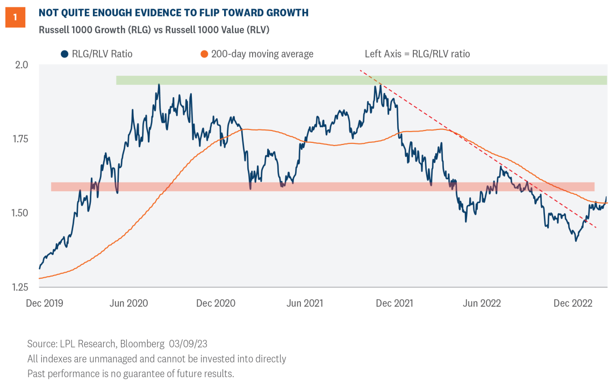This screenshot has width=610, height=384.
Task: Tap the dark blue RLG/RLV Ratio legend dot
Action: [64, 54]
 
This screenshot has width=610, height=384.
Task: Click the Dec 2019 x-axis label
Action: [45, 303]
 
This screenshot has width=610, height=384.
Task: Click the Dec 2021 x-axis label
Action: [394, 303]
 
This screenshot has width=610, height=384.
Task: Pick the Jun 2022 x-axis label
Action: [482, 303]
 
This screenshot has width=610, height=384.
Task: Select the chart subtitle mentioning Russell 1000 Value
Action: [154, 30]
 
